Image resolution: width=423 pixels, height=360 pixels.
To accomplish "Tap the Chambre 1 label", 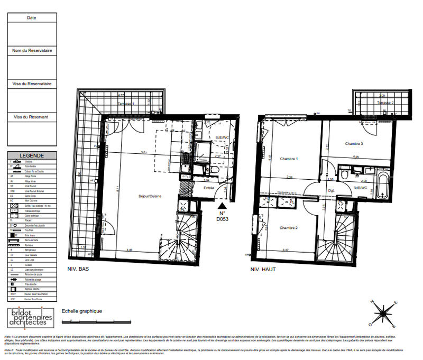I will point(289,159).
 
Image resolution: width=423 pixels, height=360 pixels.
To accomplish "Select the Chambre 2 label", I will point(289,228).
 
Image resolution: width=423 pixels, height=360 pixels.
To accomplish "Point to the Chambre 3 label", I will point(354,144).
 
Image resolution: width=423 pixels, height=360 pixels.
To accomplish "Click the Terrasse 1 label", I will point(126,104).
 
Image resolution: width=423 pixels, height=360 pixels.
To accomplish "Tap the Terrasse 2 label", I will point(385,102).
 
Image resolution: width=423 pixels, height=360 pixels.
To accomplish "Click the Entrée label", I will point(209,187).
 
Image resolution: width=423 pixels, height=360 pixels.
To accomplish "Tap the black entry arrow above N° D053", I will point(223,206).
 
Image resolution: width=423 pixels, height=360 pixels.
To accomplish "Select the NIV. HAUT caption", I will point(263,269).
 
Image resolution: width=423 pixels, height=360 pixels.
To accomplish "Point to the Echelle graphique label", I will point(82,311).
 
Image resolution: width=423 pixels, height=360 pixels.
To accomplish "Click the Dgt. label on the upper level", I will point(331,190).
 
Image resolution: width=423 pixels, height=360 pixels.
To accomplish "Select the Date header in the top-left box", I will point(31,17).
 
